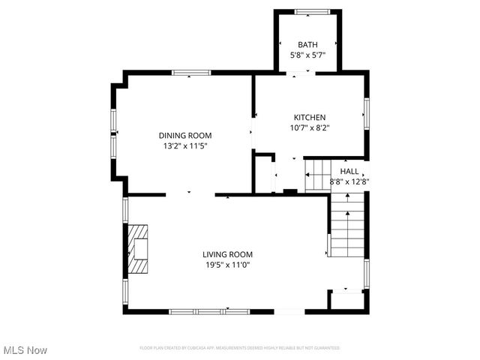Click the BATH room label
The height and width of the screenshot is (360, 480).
pos(307,44)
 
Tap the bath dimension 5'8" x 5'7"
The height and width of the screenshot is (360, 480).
pos(307,55)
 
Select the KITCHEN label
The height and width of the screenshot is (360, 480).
pos(309,117)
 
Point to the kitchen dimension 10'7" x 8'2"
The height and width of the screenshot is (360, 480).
pos(309,127)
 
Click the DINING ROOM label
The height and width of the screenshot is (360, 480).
pos(184,136)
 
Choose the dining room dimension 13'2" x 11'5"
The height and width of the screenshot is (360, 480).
pos(184,146)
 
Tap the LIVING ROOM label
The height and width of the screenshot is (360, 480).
pos(227,254)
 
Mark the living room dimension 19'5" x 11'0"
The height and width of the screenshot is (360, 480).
pos(227,265)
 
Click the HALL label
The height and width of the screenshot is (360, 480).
pos(349,171)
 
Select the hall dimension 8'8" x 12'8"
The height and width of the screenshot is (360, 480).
pos(349,181)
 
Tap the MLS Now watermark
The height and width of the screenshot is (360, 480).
pos(25,350)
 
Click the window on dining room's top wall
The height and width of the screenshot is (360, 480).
pos(190,73)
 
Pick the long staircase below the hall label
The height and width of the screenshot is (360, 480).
pos(346,225)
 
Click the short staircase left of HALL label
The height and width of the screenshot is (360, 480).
pos(318,175)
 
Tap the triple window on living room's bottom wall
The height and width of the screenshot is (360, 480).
pos(198,311)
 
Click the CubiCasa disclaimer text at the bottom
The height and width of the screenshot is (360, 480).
pos(240,348)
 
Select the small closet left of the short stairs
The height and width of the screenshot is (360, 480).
pos(263,174)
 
